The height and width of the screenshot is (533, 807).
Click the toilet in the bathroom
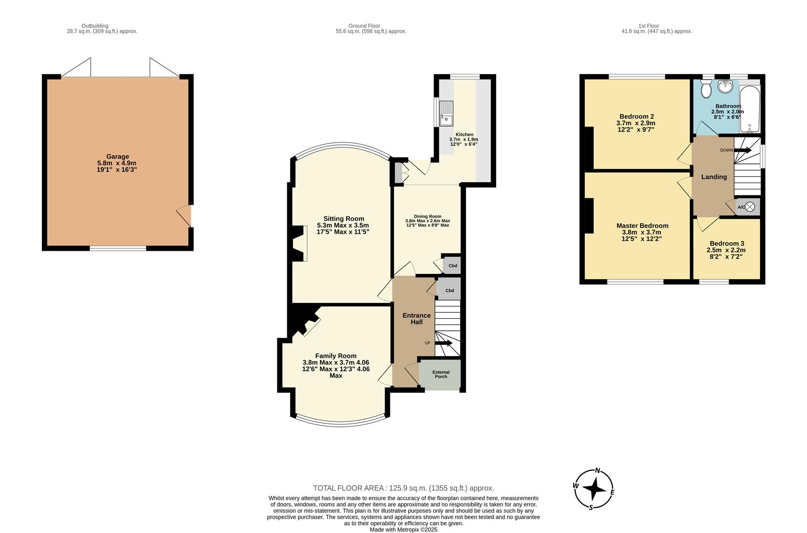click(x=706, y=88)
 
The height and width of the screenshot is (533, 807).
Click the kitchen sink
click(x=446, y=114)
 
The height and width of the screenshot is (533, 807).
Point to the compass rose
click(x=594, y=489)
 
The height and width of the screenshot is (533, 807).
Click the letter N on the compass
click(x=598, y=470)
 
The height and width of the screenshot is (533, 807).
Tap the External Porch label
click(x=441, y=374)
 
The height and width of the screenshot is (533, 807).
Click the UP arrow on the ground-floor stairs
click(x=444, y=343)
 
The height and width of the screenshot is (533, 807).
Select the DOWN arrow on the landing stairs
click(x=743, y=150)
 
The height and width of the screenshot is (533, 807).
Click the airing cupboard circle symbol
click(x=750, y=207)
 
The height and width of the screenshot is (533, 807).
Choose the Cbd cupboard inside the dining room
click(x=452, y=266)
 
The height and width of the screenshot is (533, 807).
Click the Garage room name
click(x=117, y=156)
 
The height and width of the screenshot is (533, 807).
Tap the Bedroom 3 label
click(x=727, y=243)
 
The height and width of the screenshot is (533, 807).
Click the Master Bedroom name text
click(x=642, y=226)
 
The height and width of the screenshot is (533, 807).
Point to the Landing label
click(x=714, y=177)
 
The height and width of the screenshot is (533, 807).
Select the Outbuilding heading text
click(x=95, y=26)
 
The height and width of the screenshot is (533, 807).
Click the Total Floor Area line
click(x=404, y=488)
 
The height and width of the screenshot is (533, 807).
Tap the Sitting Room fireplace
click(x=300, y=243)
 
